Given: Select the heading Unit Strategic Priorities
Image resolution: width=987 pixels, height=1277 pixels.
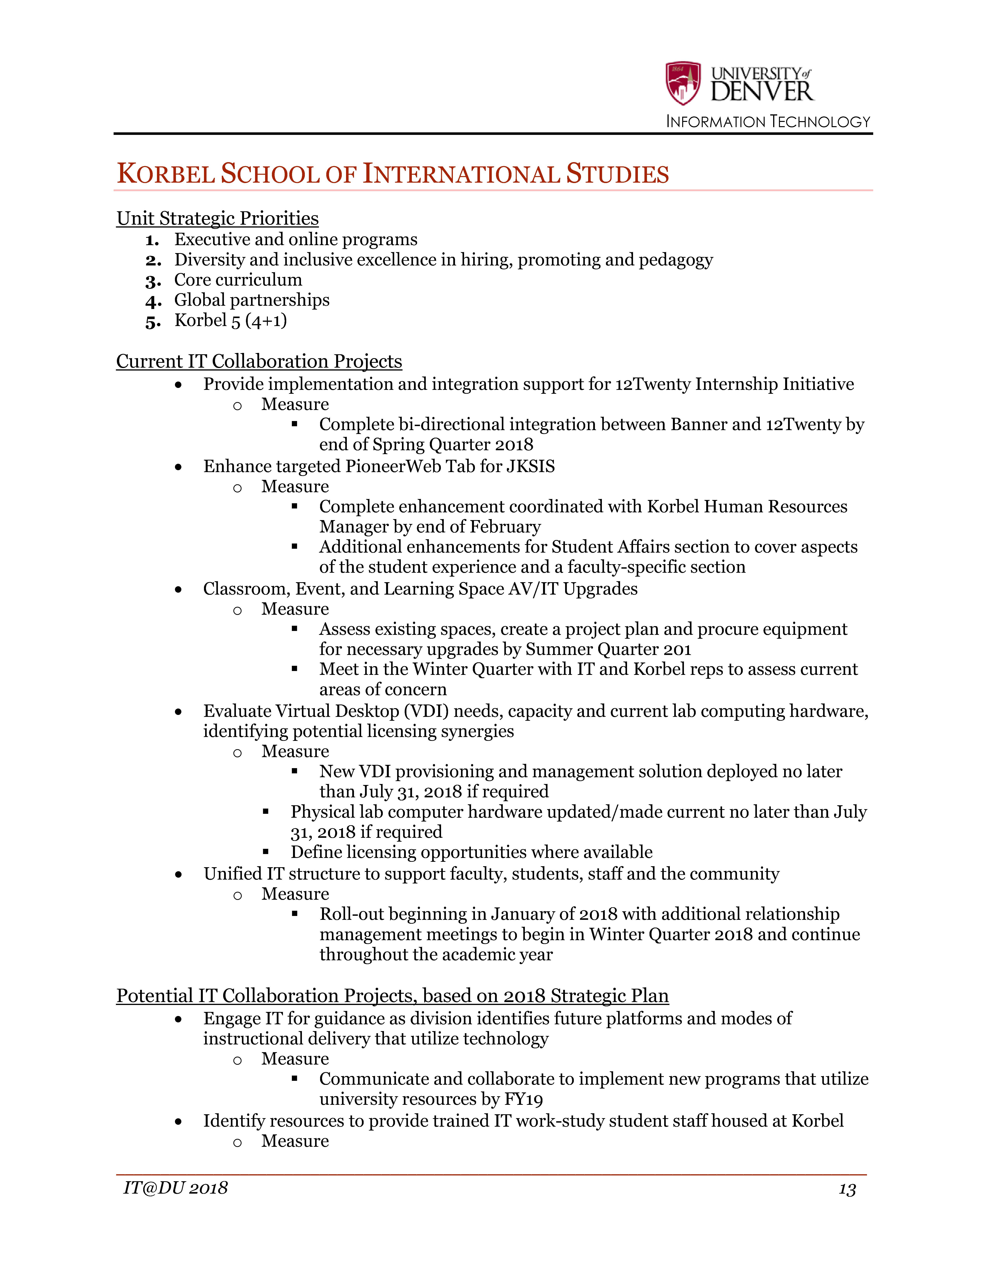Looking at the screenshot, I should pos(218,218).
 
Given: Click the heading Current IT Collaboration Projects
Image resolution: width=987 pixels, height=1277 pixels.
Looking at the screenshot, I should pos(259,361).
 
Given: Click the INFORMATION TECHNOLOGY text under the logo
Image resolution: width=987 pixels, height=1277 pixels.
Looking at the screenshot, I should pos(768,122).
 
